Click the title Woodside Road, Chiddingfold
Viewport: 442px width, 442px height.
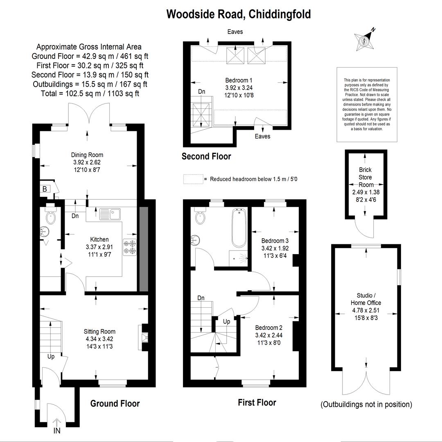pyautogui.click(x=239, y=14)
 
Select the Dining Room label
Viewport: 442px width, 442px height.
pyautogui.click(x=87, y=155)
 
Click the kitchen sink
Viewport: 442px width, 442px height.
pyautogui.click(x=110, y=214)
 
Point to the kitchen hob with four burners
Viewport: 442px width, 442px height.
pyautogui.click(x=130, y=247)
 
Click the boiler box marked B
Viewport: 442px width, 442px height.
pyautogui.click(x=45, y=189)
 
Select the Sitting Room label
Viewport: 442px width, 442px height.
pyautogui.click(x=99, y=331)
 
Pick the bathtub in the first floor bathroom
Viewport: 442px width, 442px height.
pyautogui.click(x=239, y=228)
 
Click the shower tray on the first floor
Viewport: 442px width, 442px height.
pyautogui.click(x=238, y=258)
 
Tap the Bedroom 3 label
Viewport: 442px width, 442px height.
pyautogui.click(x=275, y=241)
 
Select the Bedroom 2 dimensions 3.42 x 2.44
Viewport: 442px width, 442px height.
pyautogui.click(x=268, y=335)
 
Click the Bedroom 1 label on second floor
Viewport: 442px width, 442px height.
pyautogui.click(x=239, y=80)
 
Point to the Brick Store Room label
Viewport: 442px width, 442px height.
pyautogui.click(x=365, y=177)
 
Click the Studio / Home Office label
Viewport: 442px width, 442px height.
pyautogui.click(x=366, y=299)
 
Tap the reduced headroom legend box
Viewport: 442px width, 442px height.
pyautogui.click(x=193, y=179)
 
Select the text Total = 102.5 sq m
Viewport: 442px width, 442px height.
pyautogui.click(x=71, y=93)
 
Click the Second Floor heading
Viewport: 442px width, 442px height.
pyautogui.click(x=206, y=156)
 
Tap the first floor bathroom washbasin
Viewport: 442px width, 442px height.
pyautogui.click(x=195, y=240)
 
